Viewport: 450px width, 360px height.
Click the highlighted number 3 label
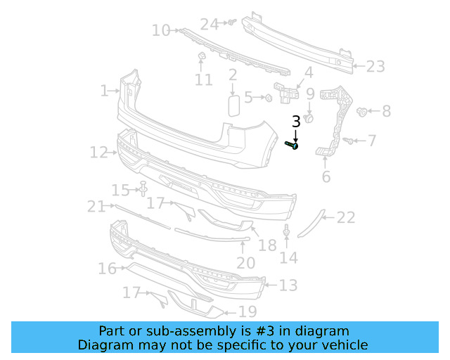pyautogui.click(x=296, y=122)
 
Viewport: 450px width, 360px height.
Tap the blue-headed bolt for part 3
pyautogui.click(x=293, y=146)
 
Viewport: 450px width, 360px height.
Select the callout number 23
pyautogui.click(x=375, y=67)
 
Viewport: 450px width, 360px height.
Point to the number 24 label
pyautogui.click(x=210, y=24)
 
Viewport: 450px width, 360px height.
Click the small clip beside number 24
pyautogui.click(x=229, y=23)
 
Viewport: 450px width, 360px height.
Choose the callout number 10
pyautogui.click(x=161, y=30)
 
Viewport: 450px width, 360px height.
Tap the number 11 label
pyautogui.click(x=203, y=80)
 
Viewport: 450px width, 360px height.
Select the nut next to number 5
pyautogui.click(x=269, y=98)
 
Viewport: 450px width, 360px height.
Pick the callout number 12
pyautogui.click(x=98, y=152)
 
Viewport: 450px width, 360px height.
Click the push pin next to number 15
pyautogui.click(x=143, y=188)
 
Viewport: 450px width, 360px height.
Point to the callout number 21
pyautogui.click(x=96, y=206)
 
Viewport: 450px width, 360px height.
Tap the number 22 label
pyautogui.click(x=346, y=218)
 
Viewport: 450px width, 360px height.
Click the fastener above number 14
pyautogui.click(x=287, y=231)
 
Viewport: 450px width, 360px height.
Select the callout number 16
pyautogui.click(x=107, y=268)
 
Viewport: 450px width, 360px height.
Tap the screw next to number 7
pyautogui.click(x=348, y=141)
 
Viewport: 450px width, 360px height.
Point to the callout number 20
pyautogui.click(x=245, y=263)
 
